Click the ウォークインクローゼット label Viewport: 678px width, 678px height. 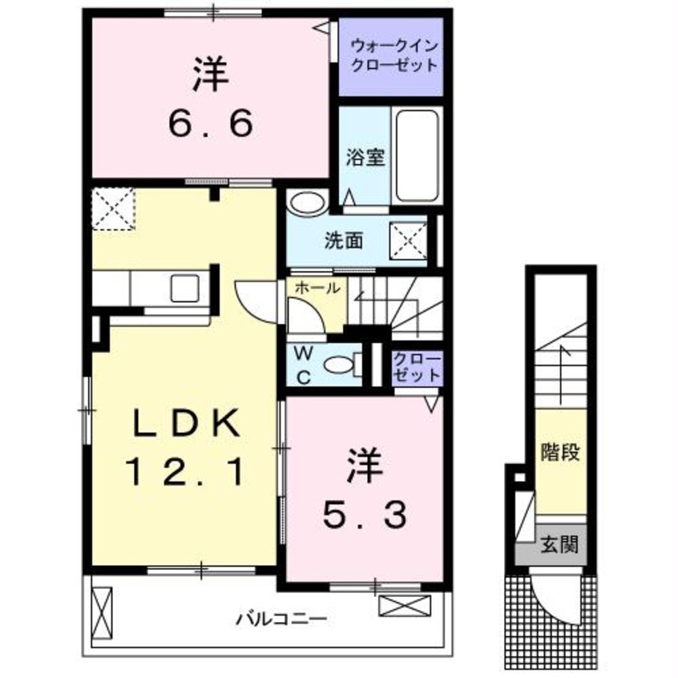tap(390, 55)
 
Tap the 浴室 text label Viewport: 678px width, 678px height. tap(366, 157)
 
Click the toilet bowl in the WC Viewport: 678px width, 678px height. tap(341, 366)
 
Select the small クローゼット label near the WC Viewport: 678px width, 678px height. tap(417, 367)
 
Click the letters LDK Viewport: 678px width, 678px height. tap(184, 423)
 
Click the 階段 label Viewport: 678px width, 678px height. tap(560, 451)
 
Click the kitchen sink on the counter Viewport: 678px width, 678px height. tap(185, 286)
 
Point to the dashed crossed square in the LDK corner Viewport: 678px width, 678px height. tap(111, 209)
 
